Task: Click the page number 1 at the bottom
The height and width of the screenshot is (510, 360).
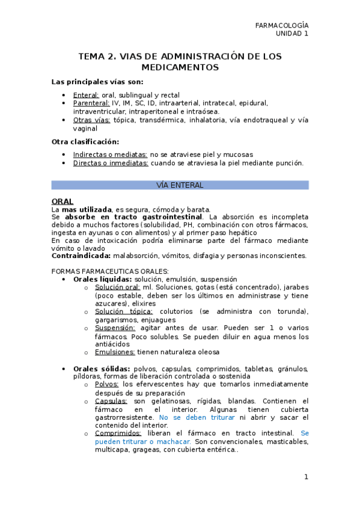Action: click(306, 477)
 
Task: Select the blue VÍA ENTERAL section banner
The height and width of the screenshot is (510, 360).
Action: click(180, 185)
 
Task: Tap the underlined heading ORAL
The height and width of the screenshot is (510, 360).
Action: click(63, 201)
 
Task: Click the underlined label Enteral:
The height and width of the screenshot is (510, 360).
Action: click(86, 95)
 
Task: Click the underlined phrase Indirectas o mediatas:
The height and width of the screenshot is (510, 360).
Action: click(110, 155)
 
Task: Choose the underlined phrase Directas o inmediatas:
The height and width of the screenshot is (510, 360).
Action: click(111, 163)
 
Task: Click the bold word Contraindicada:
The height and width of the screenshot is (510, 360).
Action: click(81, 256)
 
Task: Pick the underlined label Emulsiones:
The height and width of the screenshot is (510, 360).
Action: click(115, 352)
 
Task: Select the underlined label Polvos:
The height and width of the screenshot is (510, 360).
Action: click(107, 384)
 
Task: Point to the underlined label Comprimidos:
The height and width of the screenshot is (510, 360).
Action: click(118, 433)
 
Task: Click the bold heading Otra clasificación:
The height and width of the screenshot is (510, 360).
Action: click(85, 142)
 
